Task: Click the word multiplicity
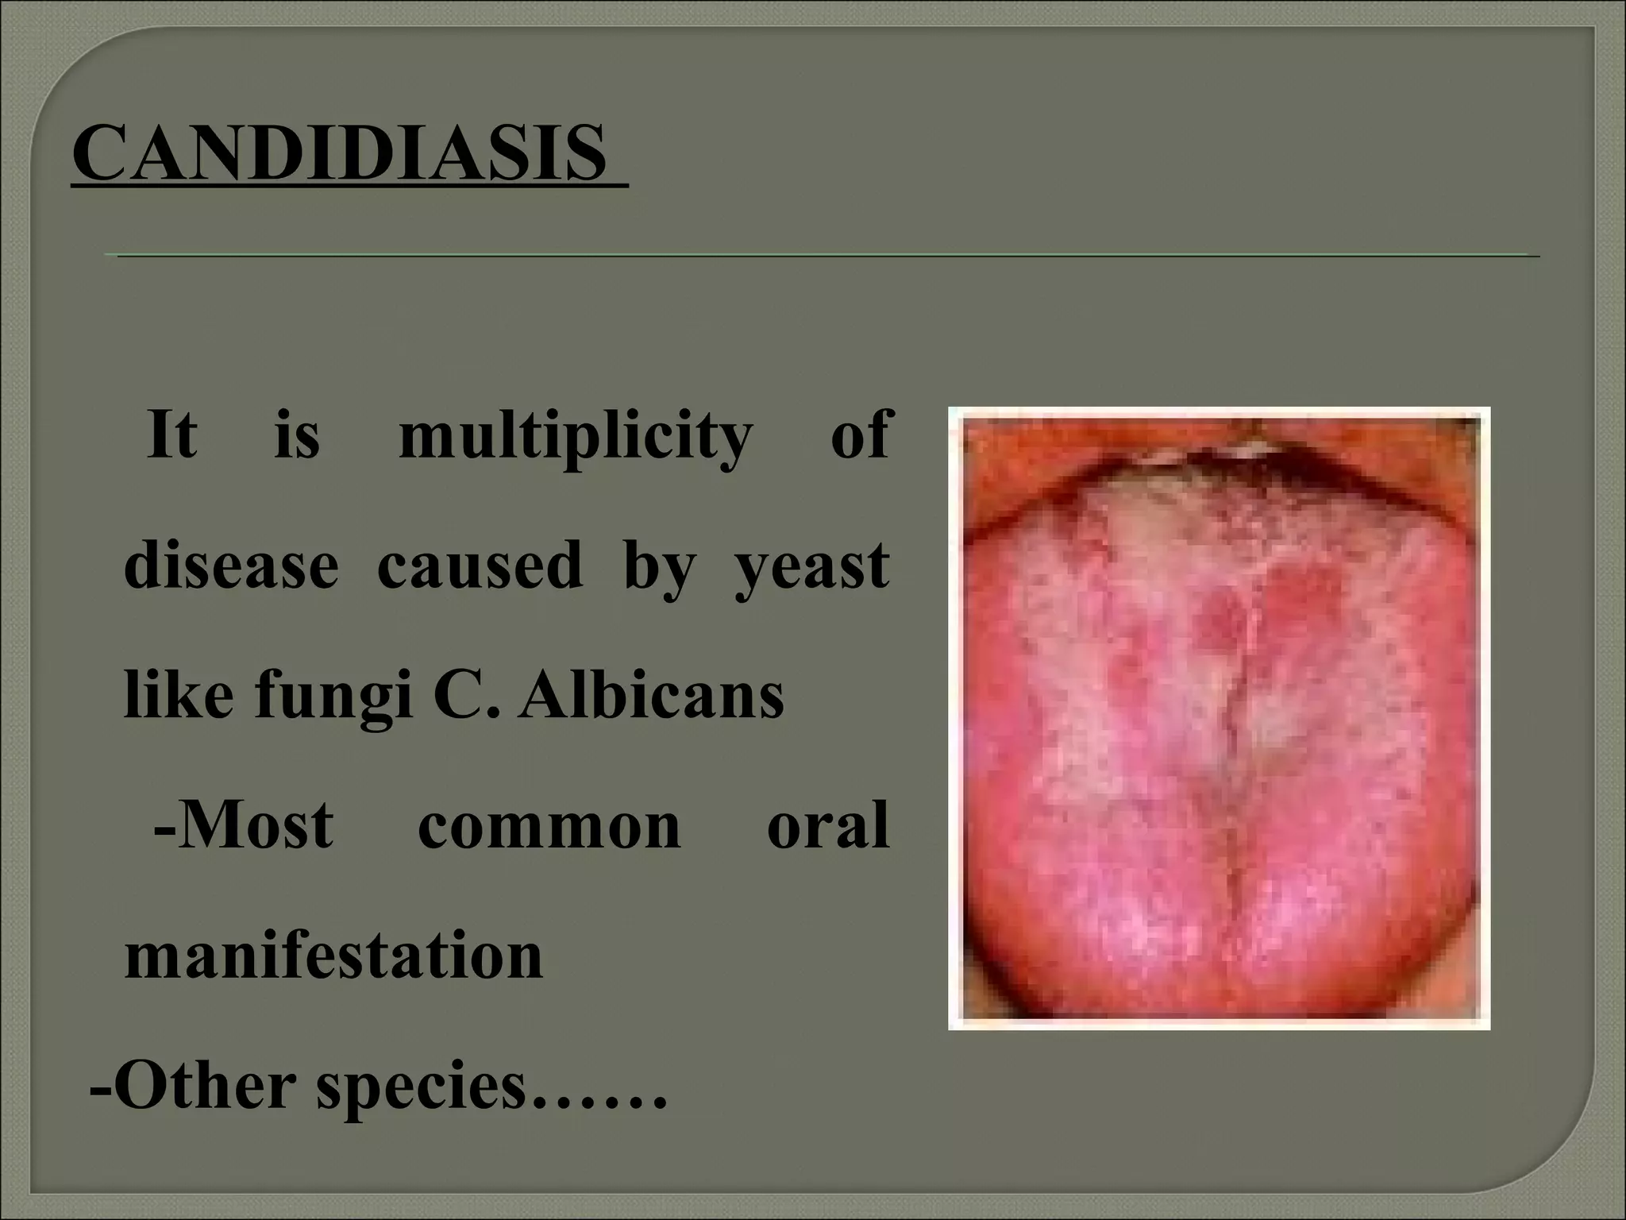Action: (x=575, y=437)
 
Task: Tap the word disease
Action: (x=231, y=566)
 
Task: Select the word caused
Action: (x=480, y=566)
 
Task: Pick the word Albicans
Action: (x=651, y=696)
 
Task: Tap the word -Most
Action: (x=243, y=826)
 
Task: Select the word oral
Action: (x=827, y=826)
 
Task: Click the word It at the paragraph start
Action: (x=171, y=435)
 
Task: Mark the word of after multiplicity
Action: (x=859, y=435)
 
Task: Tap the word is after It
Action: (x=296, y=435)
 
